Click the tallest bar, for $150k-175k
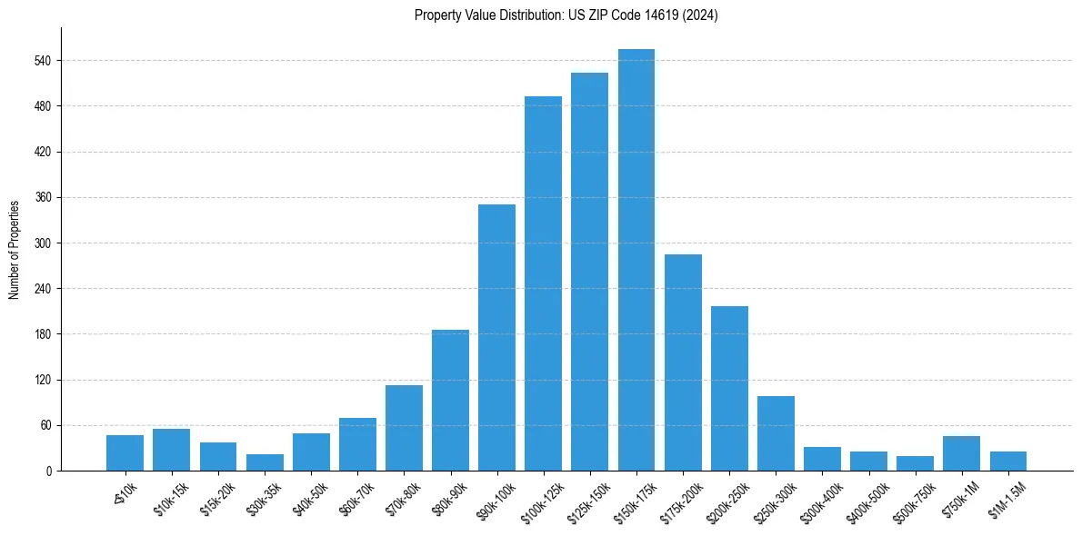636,260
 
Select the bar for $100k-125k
543,283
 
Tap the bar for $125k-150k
589,272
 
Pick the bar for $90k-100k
496,337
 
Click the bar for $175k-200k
683,362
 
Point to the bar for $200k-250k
729,388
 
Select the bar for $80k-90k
450,400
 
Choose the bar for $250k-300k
776,433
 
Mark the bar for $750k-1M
961,453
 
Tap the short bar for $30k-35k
265,462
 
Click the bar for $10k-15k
171,450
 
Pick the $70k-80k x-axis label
402,499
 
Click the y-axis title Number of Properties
14,249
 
